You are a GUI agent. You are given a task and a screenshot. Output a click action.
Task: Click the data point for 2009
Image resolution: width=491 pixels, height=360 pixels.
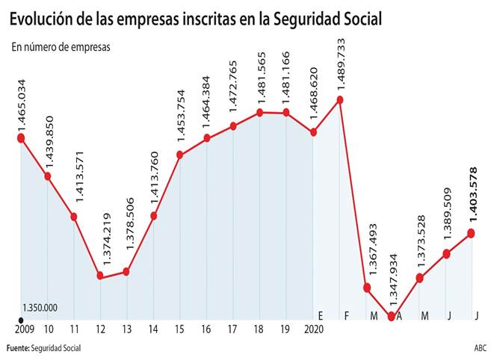[x=21, y=137]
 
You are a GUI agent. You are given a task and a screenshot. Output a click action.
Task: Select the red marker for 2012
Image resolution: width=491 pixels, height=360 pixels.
[x=100, y=276]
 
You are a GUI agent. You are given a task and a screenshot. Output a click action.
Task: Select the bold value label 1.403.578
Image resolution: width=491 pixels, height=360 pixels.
[x=472, y=196]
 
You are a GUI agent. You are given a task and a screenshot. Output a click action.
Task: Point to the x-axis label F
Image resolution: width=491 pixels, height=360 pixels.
[x=346, y=316]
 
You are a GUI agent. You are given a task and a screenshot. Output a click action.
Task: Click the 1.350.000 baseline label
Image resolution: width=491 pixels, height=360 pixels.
[x=40, y=307]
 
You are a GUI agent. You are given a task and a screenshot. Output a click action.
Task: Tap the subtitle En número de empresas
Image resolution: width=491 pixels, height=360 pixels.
[x=61, y=46]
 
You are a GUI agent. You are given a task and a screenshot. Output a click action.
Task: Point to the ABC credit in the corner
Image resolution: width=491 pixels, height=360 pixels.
[x=478, y=348]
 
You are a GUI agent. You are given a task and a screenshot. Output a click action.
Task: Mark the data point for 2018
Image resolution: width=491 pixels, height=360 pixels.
[x=259, y=113]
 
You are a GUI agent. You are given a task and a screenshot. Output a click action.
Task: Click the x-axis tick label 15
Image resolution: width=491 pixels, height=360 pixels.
[x=179, y=329]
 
